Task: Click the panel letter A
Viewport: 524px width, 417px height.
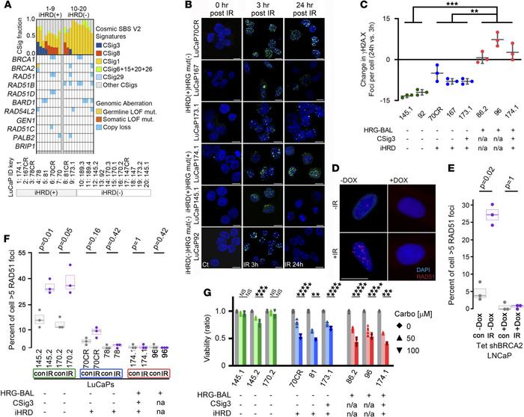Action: coord(4,5)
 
